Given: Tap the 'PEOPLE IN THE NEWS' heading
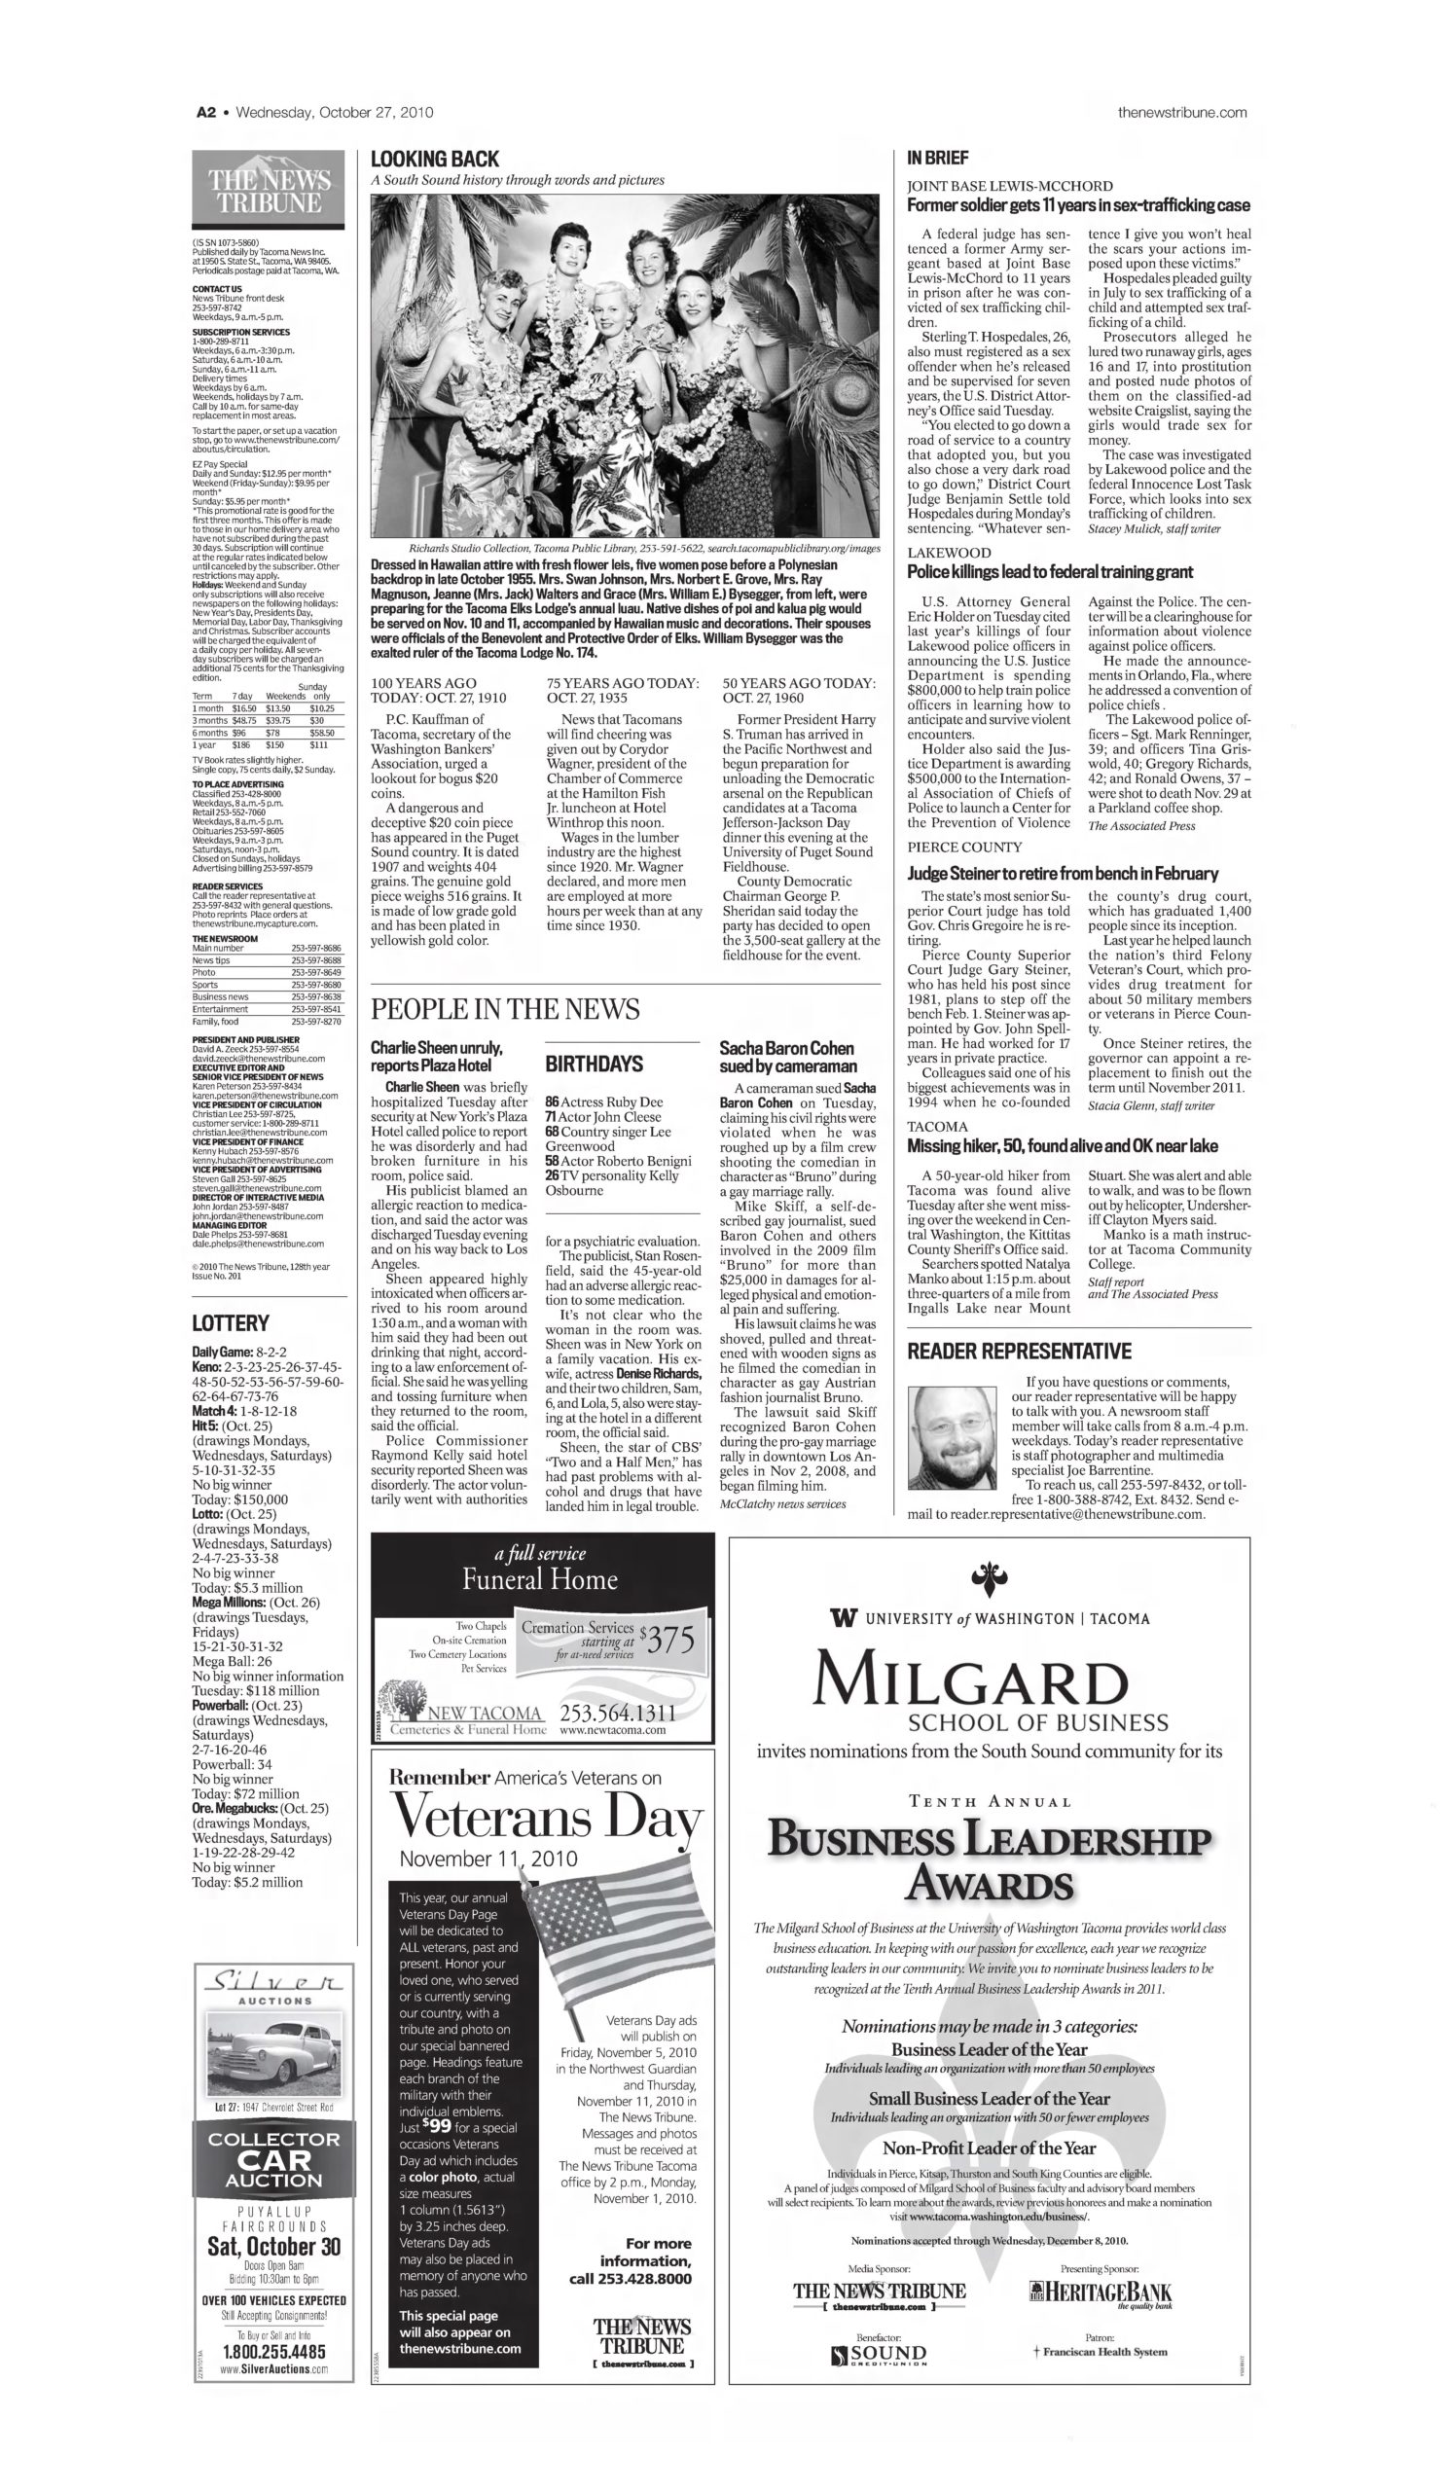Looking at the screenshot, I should point(505,1009).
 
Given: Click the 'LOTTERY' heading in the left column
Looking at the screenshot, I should point(231,1322).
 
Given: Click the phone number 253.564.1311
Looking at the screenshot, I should point(618,1712).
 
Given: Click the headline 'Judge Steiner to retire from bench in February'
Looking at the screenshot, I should point(1063,873).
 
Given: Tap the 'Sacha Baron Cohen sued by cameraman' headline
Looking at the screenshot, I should point(787,1057).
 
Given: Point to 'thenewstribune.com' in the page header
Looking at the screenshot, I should point(1182,113).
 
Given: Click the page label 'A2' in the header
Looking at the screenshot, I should point(205,113).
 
